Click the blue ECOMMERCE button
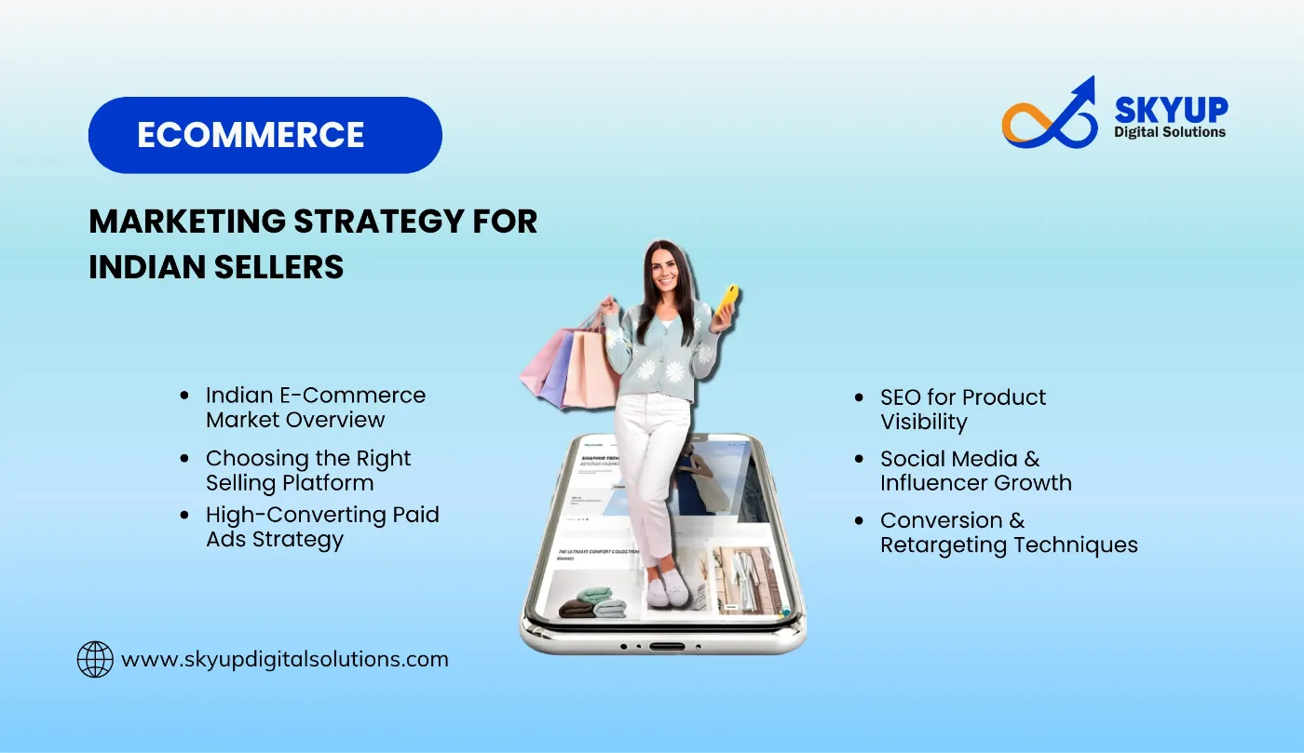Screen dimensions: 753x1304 point(265,135)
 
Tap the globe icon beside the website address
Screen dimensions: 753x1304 point(95,659)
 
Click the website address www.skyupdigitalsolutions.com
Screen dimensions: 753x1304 point(285,659)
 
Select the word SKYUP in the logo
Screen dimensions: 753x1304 point(1171,109)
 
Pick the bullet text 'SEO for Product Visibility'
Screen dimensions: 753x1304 point(962,410)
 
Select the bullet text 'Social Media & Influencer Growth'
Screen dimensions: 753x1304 point(975,471)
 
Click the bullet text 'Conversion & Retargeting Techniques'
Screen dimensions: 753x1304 point(1008,532)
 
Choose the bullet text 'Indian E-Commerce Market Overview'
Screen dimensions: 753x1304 point(315,407)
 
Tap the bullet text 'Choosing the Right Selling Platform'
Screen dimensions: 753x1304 point(307,470)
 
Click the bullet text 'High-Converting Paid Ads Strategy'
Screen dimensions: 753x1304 point(321,527)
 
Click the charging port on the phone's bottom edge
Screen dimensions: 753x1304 point(667,645)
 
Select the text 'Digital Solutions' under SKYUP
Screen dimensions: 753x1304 point(1170,132)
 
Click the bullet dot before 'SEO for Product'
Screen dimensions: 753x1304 point(859,397)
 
